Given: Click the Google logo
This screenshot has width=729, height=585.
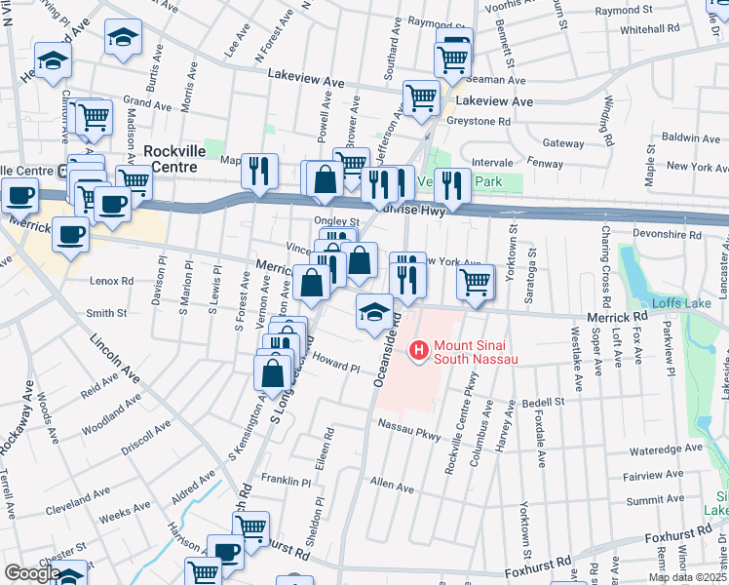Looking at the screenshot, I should (x=32, y=573).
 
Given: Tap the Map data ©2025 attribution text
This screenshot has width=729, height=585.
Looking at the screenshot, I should (x=688, y=577).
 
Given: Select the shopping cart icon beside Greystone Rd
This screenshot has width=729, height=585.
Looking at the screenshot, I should (x=421, y=98).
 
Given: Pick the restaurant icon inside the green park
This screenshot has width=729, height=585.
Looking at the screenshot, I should (x=450, y=182).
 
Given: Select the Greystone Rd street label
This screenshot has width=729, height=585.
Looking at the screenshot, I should (x=479, y=122).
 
